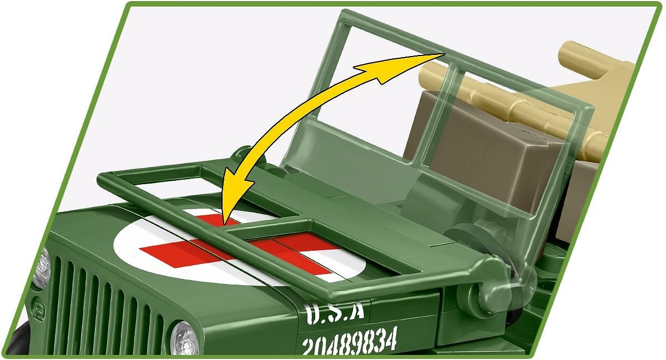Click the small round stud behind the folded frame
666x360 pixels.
(243, 155)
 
